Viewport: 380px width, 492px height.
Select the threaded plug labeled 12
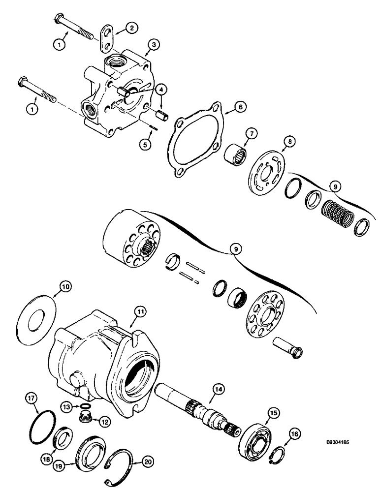(x=87, y=418)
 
